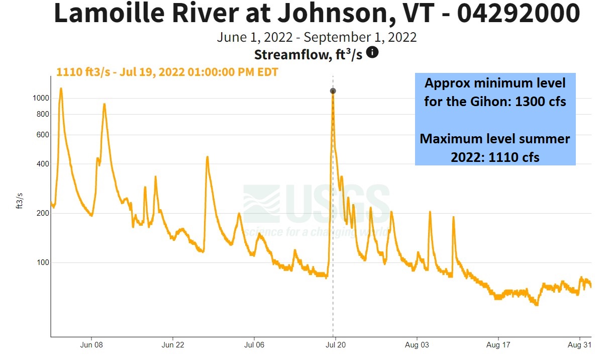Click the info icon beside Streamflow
tap(372, 52)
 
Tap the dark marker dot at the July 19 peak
tap(333, 91)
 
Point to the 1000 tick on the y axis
tap(42, 98)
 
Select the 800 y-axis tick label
tap(43, 114)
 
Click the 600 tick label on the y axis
tap(43, 135)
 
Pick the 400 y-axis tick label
tap(43, 164)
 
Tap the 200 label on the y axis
tap(43, 213)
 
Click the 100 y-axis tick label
tap(43, 262)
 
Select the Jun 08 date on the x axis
tap(91, 346)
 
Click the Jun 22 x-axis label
tap(173, 346)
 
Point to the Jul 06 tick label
tap(254, 346)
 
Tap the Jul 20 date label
tap(335, 346)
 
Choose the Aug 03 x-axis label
tap(417, 346)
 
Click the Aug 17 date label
tap(498, 346)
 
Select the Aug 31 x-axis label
tap(579, 346)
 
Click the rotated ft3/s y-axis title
tap(21, 200)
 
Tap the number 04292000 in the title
tap(518, 14)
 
